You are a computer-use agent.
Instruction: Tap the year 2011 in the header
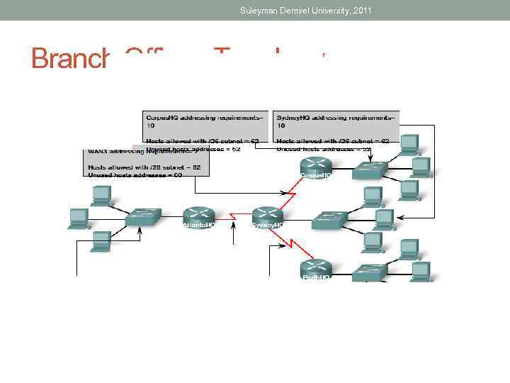(360, 10)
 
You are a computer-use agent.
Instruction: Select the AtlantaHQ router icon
(198, 215)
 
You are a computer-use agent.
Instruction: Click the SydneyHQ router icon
(267, 215)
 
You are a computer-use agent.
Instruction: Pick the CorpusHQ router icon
(315, 167)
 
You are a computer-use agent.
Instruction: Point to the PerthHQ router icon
(315, 268)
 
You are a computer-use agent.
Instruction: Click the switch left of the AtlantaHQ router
(143, 217)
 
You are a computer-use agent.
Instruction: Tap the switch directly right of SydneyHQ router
(329, 220)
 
